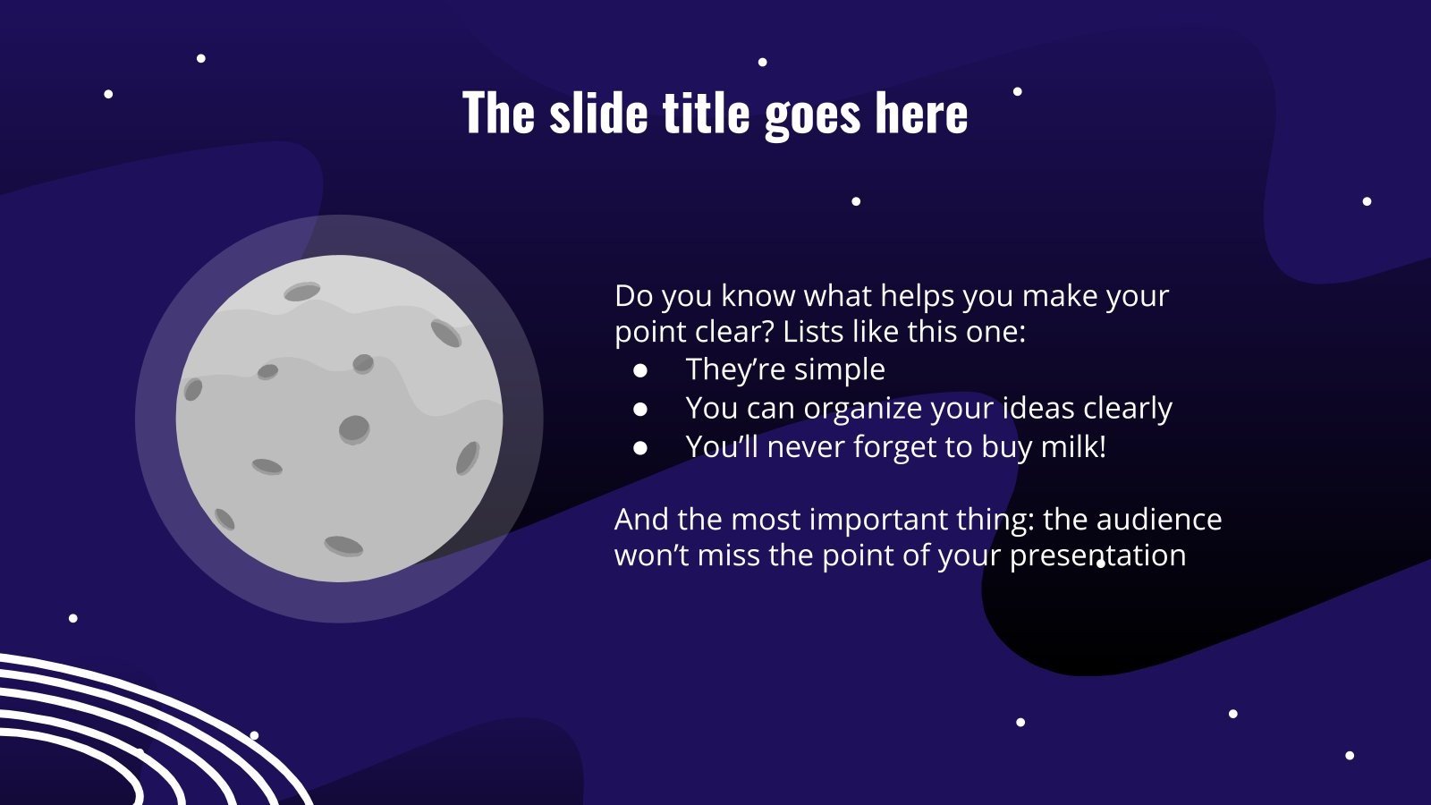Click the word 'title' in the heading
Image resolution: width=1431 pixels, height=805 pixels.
pyautogui.click(x=706, y=114)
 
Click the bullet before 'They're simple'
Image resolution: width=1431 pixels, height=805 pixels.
pyautogui.click(x=640, y=369)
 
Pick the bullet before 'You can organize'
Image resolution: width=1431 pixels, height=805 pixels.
pyautogui.click(x=640, y=409)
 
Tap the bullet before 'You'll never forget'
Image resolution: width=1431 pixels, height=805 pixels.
pyautogui.click(x=640, y=447)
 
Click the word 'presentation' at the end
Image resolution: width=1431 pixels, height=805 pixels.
pyautogui.click(x=1097, y=555)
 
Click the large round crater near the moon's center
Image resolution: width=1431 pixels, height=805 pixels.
pyautogui.click(x=354, y=428)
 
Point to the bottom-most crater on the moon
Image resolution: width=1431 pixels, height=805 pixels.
pyautogui.click(x=343, y=545)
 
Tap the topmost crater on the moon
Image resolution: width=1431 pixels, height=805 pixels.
pyautogui.click(x=302, y=292)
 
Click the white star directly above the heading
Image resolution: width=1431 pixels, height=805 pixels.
pyautogui.click(x=762, y=63)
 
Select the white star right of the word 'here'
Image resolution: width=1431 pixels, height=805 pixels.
pyautogui.click(x=1017, y=91)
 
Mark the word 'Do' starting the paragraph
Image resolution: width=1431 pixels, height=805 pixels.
pyautogui.click(x=634, y=296)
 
